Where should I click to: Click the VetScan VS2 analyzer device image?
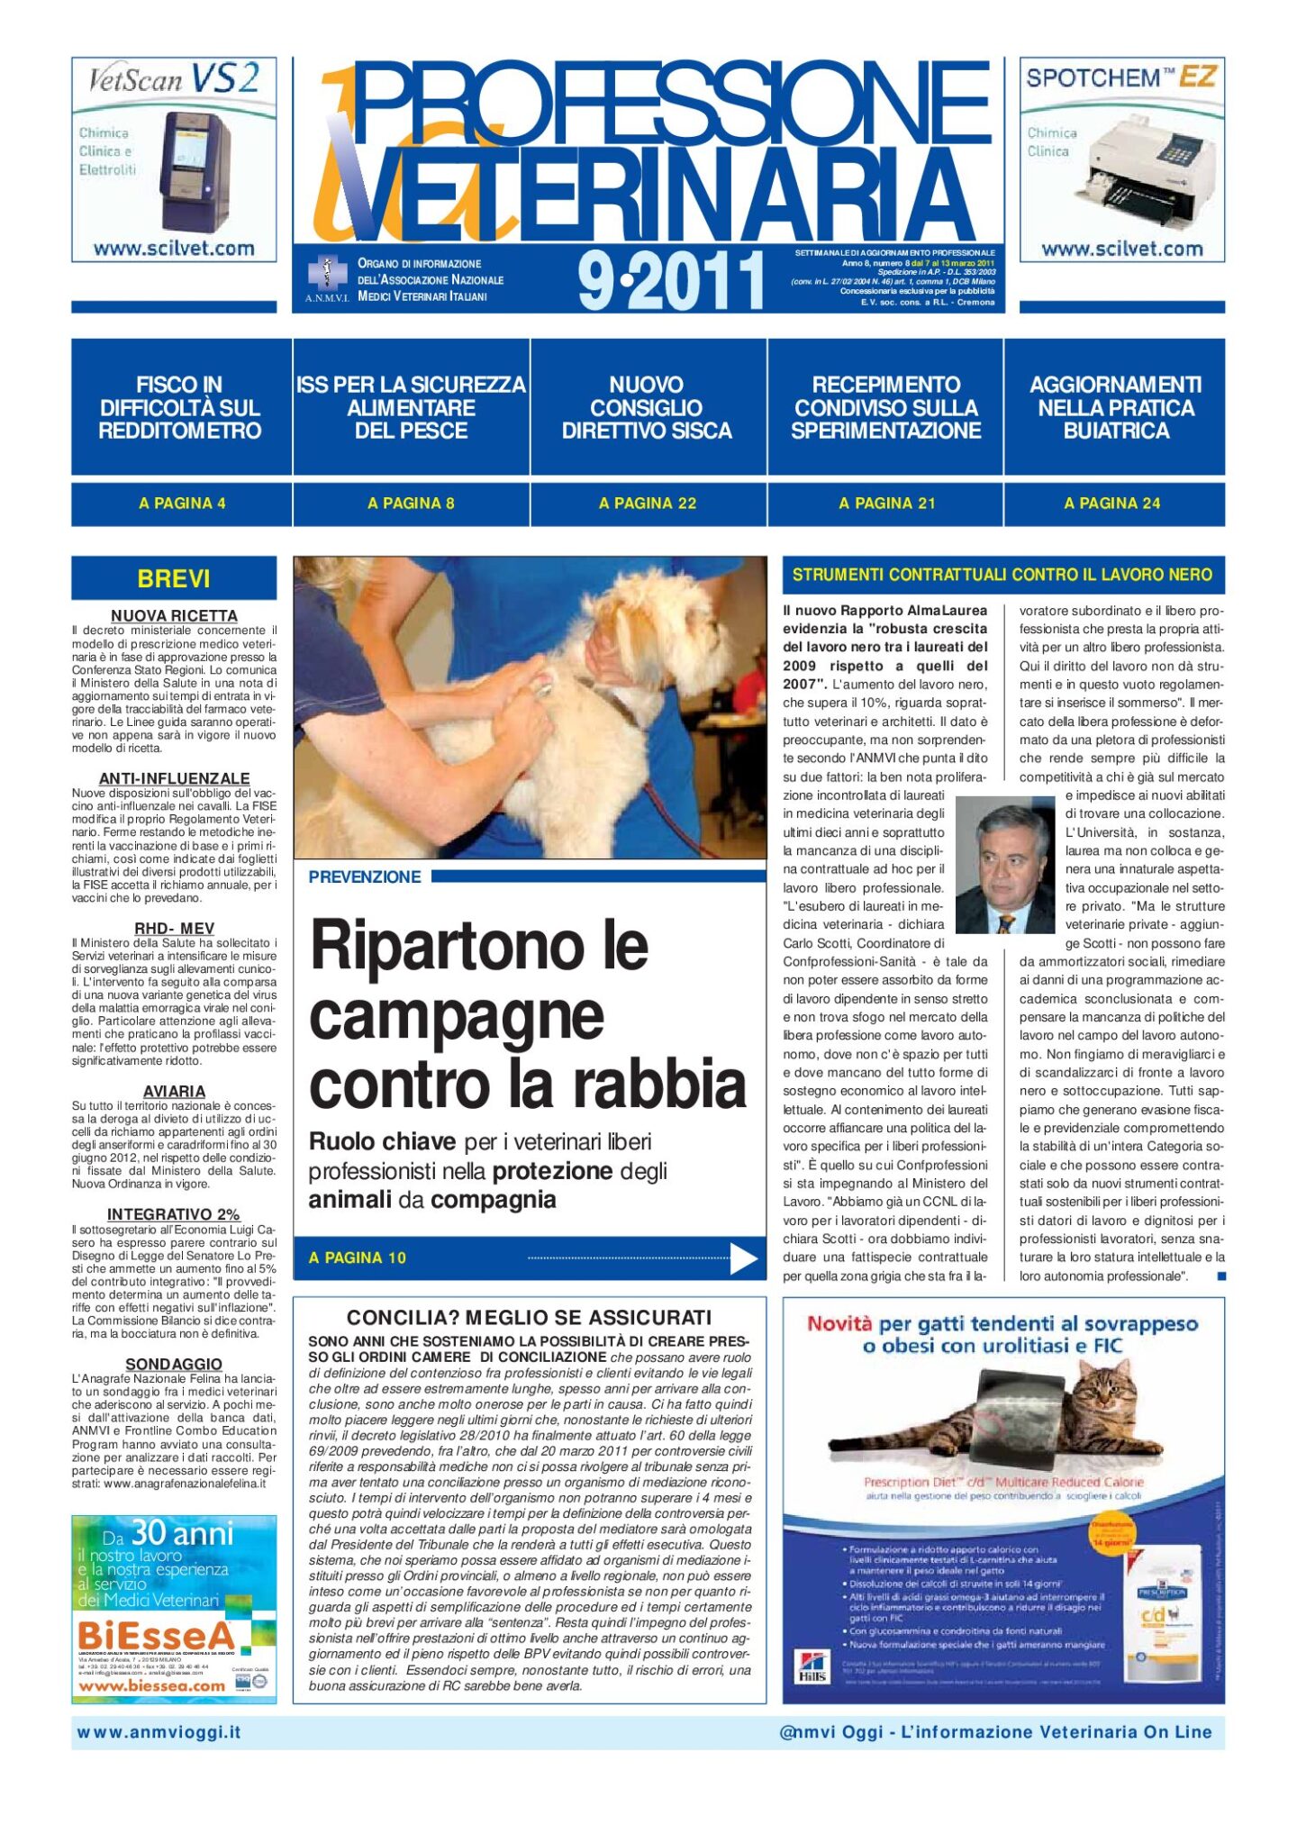pyautogui.click(x=195, y=171)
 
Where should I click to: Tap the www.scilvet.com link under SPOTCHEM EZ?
pyautogui.click(x=1121, y=249)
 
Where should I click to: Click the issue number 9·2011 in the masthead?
pyautogui.click(x=671, y=281)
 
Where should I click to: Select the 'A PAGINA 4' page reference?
pyautogui.click(x=182, y=504)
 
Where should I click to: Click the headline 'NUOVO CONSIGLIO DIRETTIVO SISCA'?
pyautogui.click(x=647, y=408)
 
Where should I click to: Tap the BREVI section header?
pyautogui.click(x=174, y=578)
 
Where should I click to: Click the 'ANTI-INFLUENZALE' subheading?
pyautogui.click(x=174, y=778)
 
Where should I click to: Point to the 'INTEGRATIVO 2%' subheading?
pyautogui.click(x=174, y=1214)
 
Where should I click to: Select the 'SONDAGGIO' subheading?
pyautogui.click(x=174, y=1364)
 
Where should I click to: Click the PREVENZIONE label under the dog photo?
pyautogui.click(x=365, y=876)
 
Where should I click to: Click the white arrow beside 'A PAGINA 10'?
pyautogui.click(x=743, y=1257)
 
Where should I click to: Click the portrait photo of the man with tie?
pyautogui.click(x=1003, y=865)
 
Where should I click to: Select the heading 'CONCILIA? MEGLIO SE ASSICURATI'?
pyautogui.click(x=529, y=1317)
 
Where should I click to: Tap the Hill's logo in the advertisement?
pyautogui.click(x=812, y=1665)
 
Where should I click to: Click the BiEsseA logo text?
pyautogui.click(x=156, y=1636)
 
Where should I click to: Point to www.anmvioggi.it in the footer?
pyautogui.click(x=159, y=1732)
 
